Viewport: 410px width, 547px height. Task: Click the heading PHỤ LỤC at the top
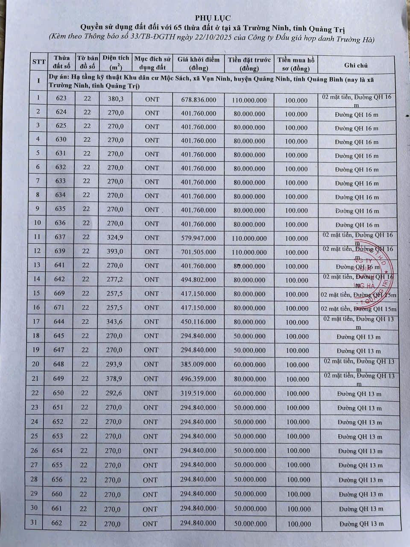207,18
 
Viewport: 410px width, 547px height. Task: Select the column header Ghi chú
356,65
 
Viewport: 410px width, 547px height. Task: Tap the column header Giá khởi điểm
199,64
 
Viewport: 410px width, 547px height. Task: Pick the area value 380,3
116,99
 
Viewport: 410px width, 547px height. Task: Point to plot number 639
60,251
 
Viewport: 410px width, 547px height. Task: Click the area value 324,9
115,237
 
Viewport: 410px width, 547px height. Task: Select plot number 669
60,293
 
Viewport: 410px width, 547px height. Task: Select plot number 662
57,523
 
